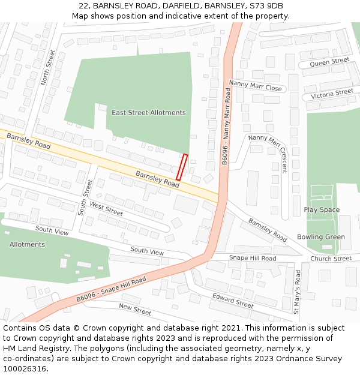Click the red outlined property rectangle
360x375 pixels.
(x=182, y=167)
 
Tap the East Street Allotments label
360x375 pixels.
(x=149, y=113)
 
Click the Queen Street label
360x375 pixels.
(x=329, y=62)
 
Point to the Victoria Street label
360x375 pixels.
(x=332, y=94)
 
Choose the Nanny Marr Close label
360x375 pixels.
(x=255, y=86)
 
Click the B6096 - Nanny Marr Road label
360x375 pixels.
(x=226, y=126)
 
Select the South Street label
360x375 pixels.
(x=85, y=196)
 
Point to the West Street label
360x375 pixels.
(x=106, y=209)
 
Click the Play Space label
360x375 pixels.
(x=322, y=210)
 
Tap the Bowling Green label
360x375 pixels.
(x=321, y=237)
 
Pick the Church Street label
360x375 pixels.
(x=331, y=259)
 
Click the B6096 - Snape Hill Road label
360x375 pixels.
(x=111, y=290)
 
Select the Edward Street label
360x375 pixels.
(x=233, y=300)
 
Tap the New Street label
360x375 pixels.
(x=135, y=310)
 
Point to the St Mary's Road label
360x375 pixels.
(x=297, y=291)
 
